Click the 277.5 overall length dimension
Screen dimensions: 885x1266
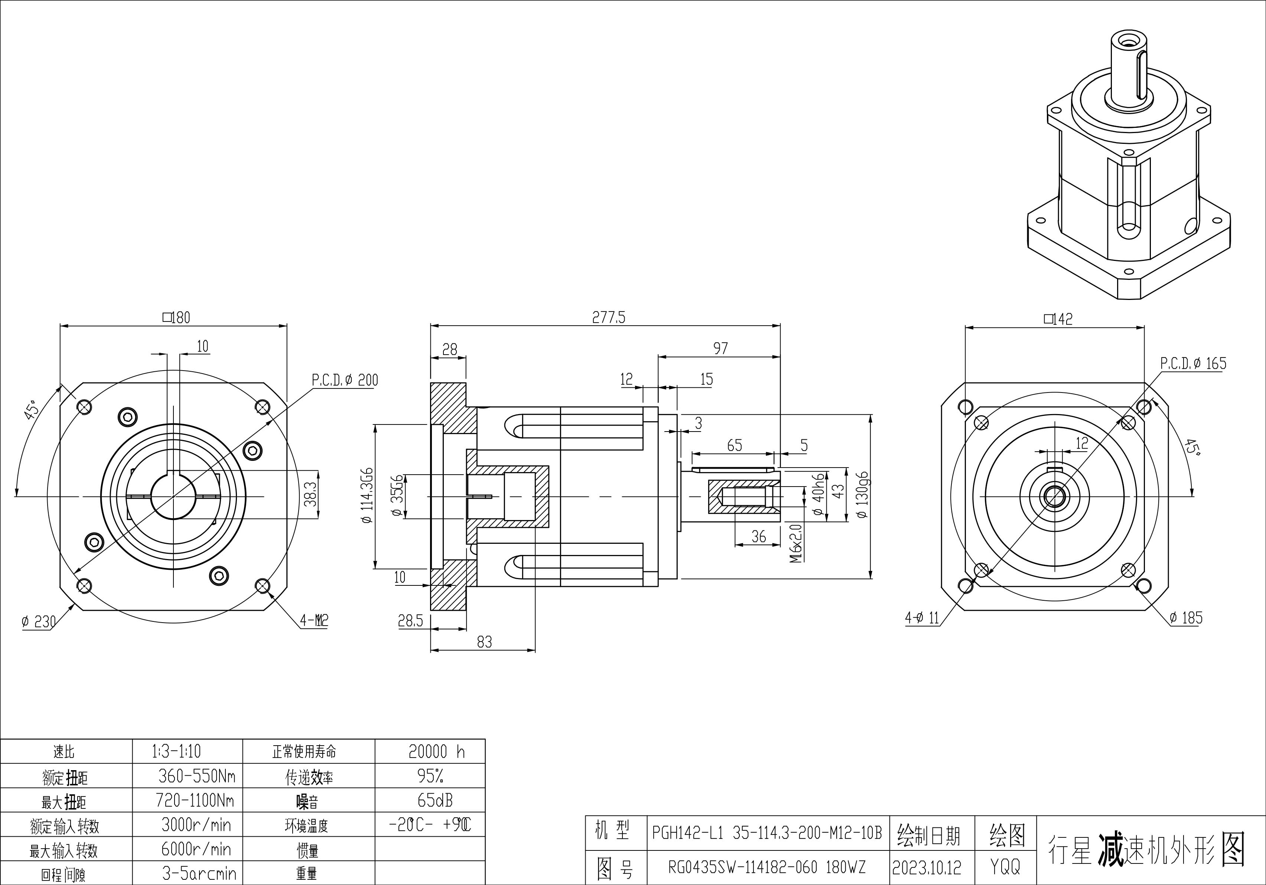[x=609, y=318]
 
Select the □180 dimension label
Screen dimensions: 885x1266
[x=176, y=318]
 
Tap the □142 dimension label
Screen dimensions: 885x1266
[x=1058, y=319]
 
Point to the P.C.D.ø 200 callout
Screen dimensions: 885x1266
[x=345, y=380]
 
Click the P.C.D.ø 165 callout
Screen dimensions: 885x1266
[x=1193, y=364]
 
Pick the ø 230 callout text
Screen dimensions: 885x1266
[x=39, y=622]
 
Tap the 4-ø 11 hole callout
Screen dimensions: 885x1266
[x=921, y=618]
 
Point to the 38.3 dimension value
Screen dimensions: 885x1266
[x=310, y=494]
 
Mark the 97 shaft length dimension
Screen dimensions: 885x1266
[x=720, y=349]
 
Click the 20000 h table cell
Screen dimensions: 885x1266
[x=436, y=752]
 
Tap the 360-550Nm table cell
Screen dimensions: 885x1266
[x=196, y=776]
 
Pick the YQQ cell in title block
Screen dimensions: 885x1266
[x=1005, y=867]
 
